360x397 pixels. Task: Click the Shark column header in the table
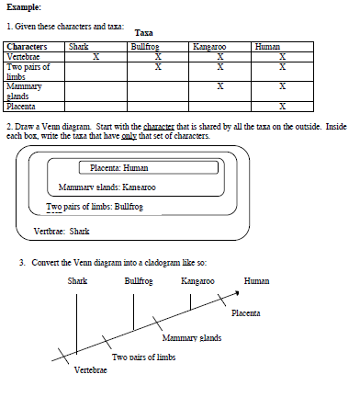click(x=79, y=47)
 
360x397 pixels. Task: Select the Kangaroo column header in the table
click(x=209, y=47)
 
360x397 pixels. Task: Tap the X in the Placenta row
click(x=282, y=107)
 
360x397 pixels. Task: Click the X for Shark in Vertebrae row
click(x=96, y=57)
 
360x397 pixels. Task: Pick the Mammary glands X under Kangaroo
click(x=220, y=86)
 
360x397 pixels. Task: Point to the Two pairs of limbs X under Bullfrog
click(x=158, y=67)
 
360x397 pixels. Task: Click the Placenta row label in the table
click(x=21, y=107)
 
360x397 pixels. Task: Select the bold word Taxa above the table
click(x=143, y=33)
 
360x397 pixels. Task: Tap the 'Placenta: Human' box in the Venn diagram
click(x=149, y=168)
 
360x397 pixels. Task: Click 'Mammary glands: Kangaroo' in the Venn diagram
click(x=107, y=187)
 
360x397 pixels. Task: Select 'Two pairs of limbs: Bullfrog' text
click(x=95, y=207)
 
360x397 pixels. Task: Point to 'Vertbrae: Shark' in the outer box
click(x=62, y=231)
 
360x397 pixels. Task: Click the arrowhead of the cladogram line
click(x=237, y=293)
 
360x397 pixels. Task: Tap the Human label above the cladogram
click(x=256, y=281)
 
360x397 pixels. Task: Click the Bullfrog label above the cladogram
click(x=139, y=281)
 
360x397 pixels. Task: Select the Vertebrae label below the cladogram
click(x=91, y=370)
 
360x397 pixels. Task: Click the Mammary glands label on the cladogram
click(x=192, y=338)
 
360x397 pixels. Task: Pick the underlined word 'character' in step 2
click(x=159, y=127)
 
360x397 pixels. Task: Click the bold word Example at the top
click(x=24, y=7)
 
